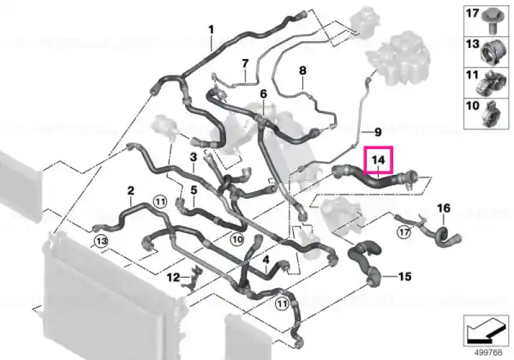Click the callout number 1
coord(211,30)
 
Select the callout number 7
coord(245,63)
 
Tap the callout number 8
coord(302,70)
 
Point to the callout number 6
coord(264,94)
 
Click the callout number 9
coord(378,132)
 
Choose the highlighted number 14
coord(378,160)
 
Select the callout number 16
coord(444,208)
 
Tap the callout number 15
coord(404,276)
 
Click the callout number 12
coord(173,278)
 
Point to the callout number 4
coord(266,260)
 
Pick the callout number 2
coord(131,190)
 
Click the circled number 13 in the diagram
coord(101,242)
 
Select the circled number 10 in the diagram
coord(237,240)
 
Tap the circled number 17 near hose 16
coord(403,232)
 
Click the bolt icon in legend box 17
coord(491,21)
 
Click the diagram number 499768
coord(488,352)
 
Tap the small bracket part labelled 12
coord(194,278)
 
